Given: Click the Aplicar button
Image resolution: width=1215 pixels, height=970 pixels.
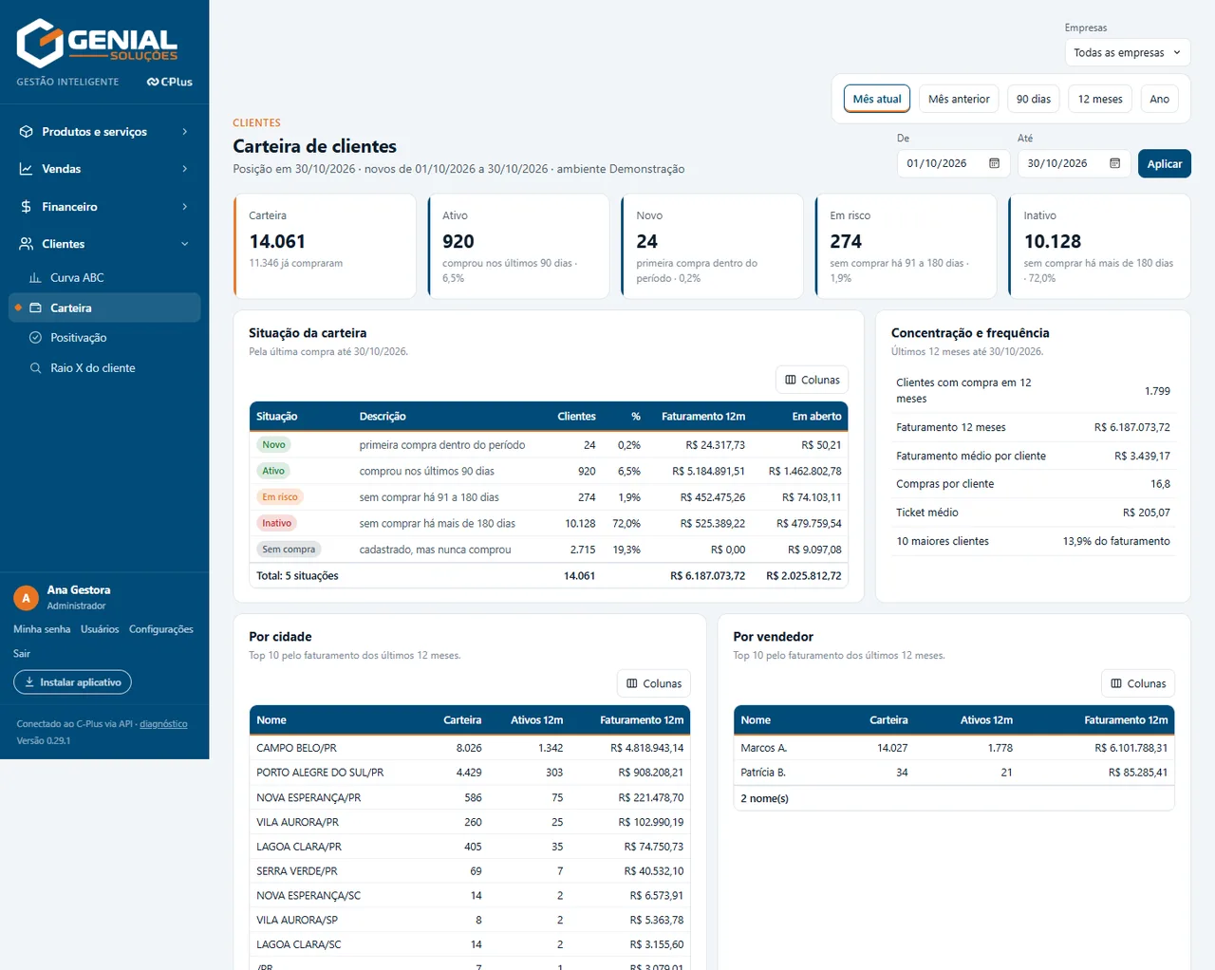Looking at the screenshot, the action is coord(1164,164).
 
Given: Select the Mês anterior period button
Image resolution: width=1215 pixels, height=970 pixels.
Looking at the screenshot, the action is coord(959,99).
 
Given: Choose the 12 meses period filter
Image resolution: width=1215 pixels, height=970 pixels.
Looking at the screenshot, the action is coord(1100,99).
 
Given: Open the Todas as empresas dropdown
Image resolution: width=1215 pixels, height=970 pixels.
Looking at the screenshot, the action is coord(1128,52).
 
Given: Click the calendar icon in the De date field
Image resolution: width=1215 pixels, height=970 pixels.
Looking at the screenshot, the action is coord(994,163).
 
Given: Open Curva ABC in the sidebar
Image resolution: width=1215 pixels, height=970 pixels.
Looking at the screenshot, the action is coord(77,278).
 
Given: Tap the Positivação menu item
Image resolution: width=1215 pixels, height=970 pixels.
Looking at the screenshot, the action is coord(79,338).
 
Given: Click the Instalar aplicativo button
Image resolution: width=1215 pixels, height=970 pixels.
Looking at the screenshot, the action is coord(72,682).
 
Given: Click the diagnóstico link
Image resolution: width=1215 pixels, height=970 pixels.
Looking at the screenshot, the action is coord(163,724).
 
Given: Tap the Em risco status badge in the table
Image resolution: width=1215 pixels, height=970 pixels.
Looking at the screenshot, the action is coord(279,496).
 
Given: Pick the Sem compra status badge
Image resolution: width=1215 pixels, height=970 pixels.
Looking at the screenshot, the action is coord(289,549).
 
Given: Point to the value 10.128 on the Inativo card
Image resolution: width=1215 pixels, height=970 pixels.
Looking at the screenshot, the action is coord(1053,242).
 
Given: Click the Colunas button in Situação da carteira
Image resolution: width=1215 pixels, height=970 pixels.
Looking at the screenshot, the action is coord(812,380).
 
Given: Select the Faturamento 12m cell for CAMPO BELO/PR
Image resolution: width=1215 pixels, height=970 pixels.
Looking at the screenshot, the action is coord(646,748).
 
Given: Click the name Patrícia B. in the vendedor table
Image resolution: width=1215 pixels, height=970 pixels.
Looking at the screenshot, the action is coord(763,773).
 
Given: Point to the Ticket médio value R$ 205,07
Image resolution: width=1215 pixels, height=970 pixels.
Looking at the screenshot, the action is coord(1146,513).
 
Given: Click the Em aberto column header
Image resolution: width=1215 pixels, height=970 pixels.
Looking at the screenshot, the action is coord(816,416).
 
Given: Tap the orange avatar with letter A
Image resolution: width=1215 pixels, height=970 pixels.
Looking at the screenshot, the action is coord(26,598).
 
